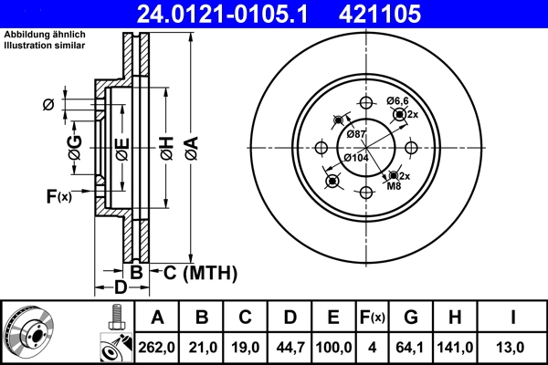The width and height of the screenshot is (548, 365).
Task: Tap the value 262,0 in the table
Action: pos(156,347)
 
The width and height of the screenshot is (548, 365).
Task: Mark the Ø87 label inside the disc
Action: pos(357,135)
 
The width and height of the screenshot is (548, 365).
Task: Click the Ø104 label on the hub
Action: pos(355,158)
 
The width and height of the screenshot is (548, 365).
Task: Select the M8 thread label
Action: pos(394,186)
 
